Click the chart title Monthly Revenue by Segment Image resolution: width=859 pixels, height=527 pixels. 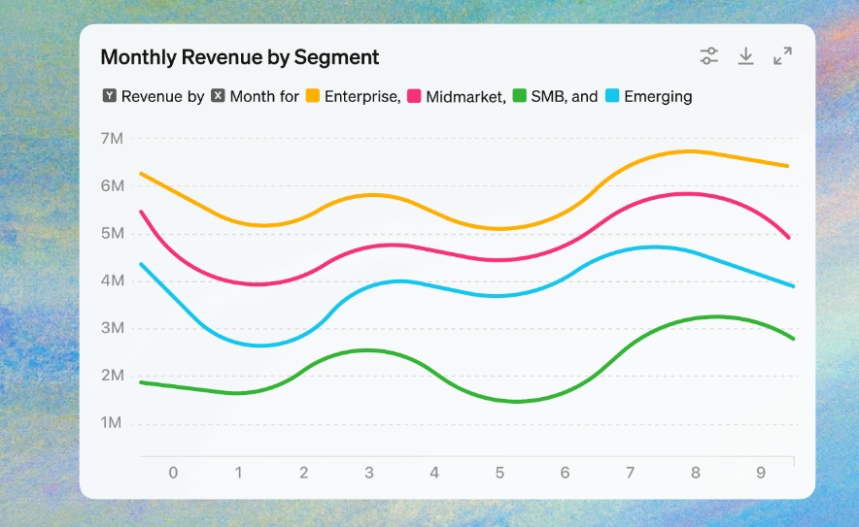(240, 57)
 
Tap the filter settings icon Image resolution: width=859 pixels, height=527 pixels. (709, 56)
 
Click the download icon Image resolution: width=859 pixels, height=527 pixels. (745, 56)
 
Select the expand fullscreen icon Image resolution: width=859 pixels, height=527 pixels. (782, 56)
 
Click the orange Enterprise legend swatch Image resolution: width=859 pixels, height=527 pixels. (313, 96)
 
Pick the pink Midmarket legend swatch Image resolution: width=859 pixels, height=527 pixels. (414, 96)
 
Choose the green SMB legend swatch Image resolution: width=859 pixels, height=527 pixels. (519, 96)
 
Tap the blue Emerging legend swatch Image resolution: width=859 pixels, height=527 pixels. (612, 96)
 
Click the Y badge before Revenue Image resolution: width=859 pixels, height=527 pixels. (109, 96)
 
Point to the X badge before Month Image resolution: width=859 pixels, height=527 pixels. (218, 96)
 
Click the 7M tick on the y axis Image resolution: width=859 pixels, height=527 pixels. (112, 139)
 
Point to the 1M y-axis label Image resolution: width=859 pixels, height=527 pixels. (112, 423)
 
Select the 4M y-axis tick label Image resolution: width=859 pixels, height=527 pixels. (112, 281)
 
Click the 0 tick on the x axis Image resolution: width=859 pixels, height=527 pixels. (173, 473)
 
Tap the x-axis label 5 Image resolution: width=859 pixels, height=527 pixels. (499, 473)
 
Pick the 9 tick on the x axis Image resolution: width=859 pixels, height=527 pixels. (761, 473)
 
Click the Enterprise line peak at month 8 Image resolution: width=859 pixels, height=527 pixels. (694, 151)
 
